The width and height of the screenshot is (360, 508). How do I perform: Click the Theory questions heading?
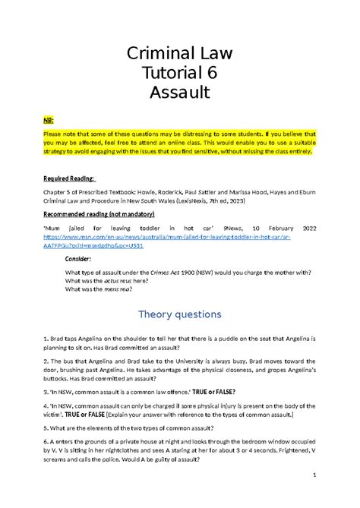tap(179, 314)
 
